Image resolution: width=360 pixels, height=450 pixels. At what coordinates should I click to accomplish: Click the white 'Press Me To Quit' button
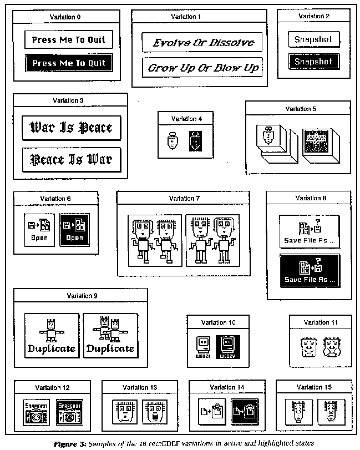tap(68, 40)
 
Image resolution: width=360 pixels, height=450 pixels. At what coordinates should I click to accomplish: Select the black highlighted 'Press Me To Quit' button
tap(68, 63)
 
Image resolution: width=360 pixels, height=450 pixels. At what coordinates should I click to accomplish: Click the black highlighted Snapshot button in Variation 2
tap(313, 61)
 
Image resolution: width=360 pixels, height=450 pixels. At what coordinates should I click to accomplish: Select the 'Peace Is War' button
tap(70, 160)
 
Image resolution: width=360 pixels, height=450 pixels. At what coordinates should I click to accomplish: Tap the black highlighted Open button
tap(74, 229)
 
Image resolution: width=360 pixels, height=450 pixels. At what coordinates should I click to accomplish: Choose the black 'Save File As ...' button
tap(310, 270)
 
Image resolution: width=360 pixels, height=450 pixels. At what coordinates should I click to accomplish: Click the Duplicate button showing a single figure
tap(52, 335)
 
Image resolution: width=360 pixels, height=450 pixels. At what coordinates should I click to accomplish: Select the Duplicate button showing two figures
tap(110, 335)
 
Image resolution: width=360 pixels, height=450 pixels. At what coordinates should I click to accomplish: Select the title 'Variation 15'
tap(313, 387)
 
